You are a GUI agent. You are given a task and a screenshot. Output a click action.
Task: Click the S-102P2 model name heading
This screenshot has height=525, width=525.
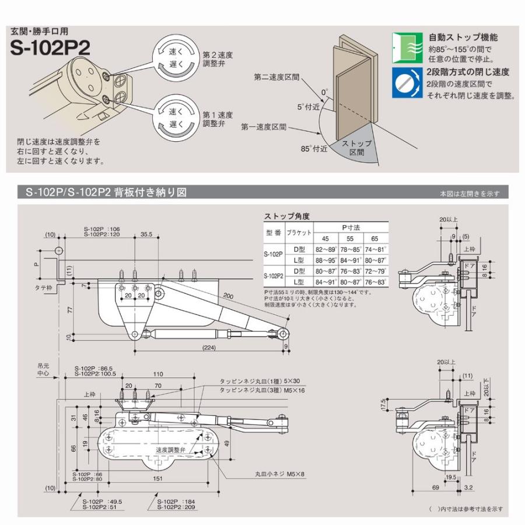pyautogui.click(x=50, y=48)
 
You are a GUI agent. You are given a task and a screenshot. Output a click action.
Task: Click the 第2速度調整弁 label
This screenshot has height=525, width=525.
pyautogui.click(x=218, y=59)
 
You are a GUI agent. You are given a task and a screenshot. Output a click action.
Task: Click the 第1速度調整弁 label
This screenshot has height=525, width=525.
pyautogui.click(x=218, y=119)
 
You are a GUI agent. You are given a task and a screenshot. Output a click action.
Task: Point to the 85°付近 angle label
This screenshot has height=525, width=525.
pyautogui.click(x=314, y=148)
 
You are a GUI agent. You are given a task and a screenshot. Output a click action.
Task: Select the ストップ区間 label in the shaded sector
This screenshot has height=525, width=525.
pyautogui.click(x=352, y=148)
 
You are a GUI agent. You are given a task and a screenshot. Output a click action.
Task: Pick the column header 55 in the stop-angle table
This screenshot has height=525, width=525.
pyautogui.click(x=350, y=239)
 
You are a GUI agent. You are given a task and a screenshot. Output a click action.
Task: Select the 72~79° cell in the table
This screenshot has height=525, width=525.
pyautogui.click(x=375, y=271)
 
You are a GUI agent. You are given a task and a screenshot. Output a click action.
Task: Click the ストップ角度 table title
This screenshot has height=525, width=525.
pyautogui.click(x=286, y=216)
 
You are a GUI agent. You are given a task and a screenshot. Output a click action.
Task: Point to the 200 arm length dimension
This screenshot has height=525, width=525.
pyautogui.click(x=228, y=296)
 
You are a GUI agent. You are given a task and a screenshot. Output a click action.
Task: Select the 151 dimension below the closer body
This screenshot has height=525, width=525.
pyautogui.click(x=157, y=478)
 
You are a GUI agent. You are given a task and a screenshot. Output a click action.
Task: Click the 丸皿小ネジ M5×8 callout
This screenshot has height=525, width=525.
pyautogui.click(x=280, y=474)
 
